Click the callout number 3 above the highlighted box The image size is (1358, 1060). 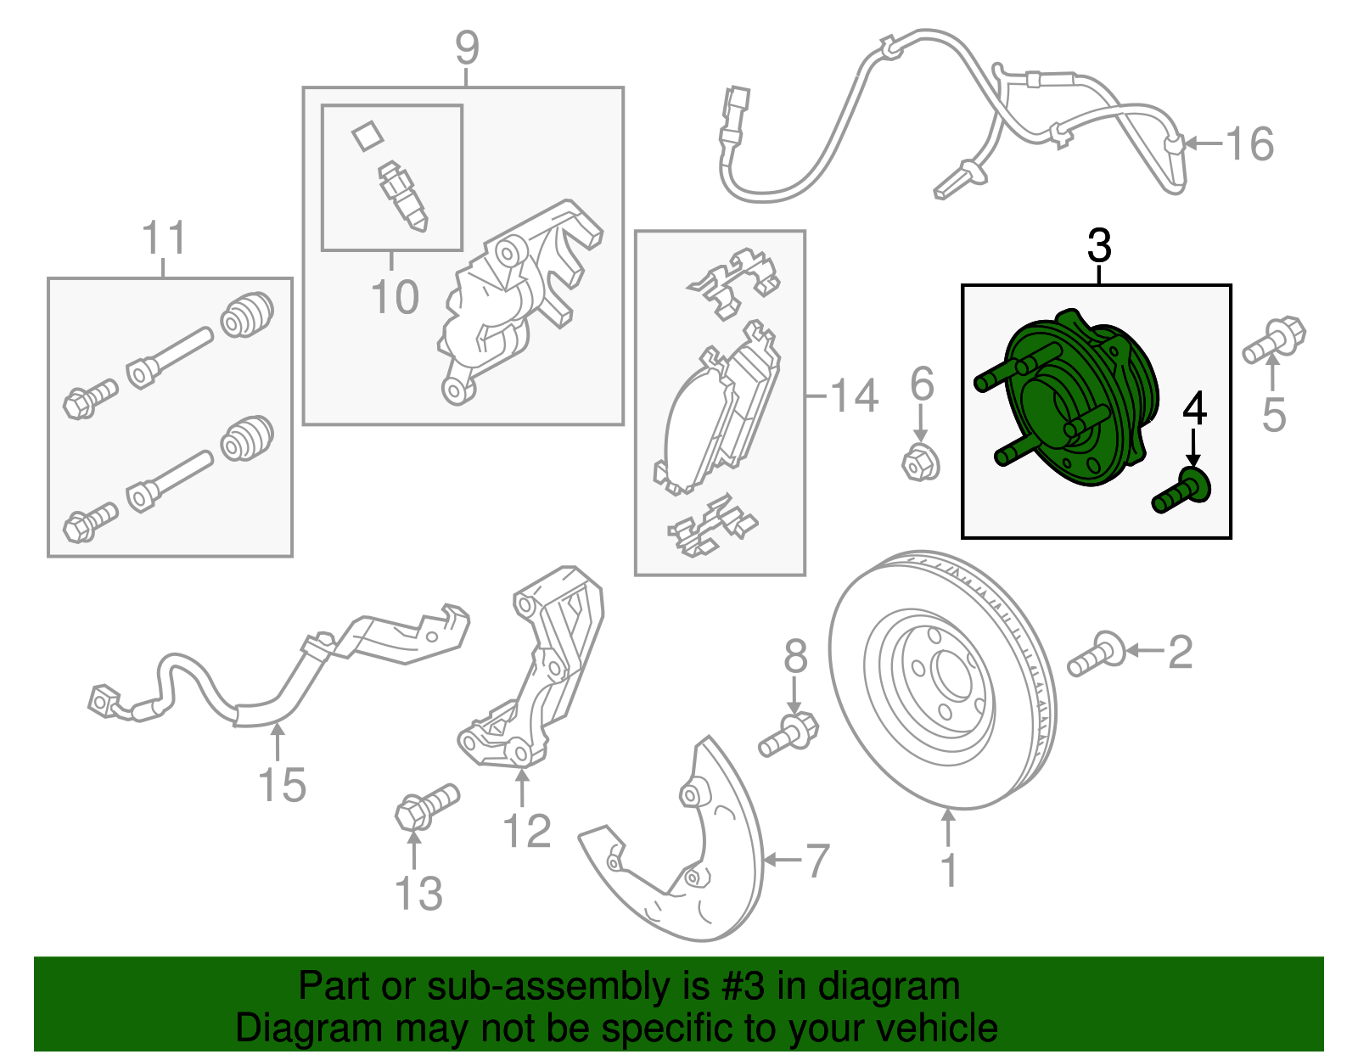(1099, 245)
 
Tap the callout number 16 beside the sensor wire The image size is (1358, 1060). (1249, 143)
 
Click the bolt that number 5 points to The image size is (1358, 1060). (1274, 340)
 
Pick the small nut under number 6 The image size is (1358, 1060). (921, 463)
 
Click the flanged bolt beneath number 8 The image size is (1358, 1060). (788, 736)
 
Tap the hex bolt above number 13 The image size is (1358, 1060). (427, 806)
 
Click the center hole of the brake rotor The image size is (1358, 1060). (954, 676)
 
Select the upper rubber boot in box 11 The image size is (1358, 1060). (247, 314)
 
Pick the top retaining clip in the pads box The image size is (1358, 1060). (732, 283)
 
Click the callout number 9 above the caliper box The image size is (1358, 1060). (467, 48)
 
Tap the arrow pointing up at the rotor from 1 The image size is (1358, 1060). (949, 827)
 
